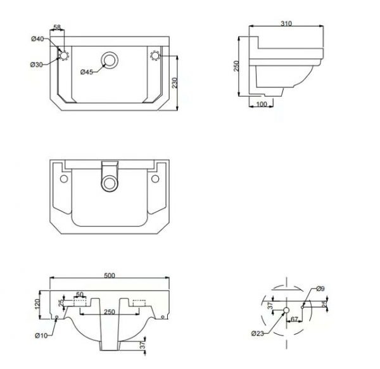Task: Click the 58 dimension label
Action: coord(57,27)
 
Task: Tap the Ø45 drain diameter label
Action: coord(87,72)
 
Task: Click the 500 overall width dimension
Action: coord(109,275)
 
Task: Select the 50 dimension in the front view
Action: coord(80,295)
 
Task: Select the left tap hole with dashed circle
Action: coord(64,56)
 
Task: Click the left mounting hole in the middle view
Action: coord(63,180)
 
